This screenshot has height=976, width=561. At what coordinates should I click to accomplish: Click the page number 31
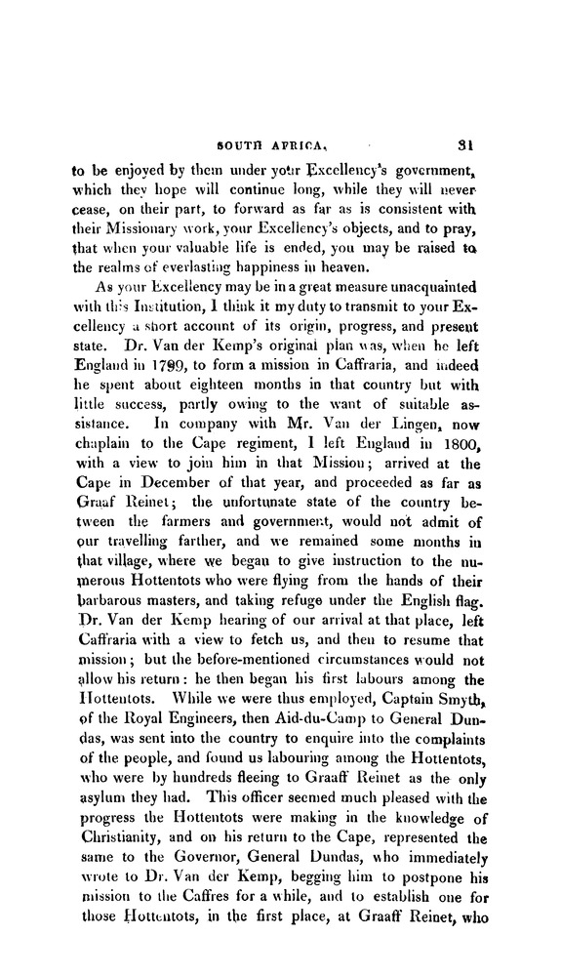tap(463, 141)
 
